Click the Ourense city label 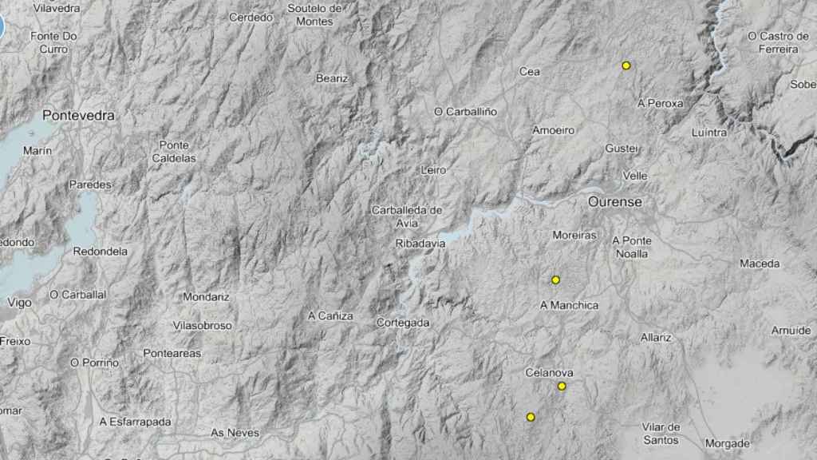click(614, 202)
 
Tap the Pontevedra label click(78, 115)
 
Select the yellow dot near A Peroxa click(626, 65)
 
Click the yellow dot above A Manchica click(555, 280)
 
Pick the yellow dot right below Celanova click(562, 387)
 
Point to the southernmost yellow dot click(530, 417)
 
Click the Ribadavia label click(420, 243)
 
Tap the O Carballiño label click(465, 112)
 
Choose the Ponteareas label click(172, 353)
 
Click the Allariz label click(656, 337)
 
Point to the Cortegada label click(403, 323)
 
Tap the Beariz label click(333, 78)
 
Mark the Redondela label click(101, 251)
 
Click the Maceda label click(760, 264)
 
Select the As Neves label click(235, 433)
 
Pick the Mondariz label click(206, 296)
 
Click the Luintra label click(710, 133)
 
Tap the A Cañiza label click(330, 316)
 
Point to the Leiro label click(432, 170)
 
